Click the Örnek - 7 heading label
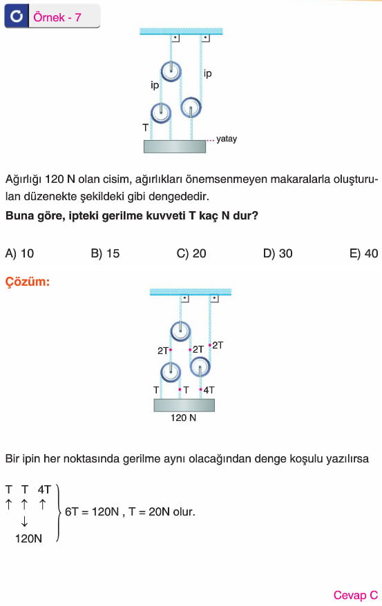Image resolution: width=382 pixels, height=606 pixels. coord(57,17)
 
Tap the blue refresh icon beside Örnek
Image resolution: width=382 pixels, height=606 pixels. coord(17,17)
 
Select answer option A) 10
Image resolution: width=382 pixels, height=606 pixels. coord(19,253)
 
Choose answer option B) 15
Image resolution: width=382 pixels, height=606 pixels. coord(105,253)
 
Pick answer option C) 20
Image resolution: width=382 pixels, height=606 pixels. coord(191,253)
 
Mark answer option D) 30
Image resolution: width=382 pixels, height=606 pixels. coord(278,253)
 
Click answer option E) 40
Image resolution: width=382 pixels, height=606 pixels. coord(363,253)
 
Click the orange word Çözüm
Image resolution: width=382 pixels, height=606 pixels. coord(28,282)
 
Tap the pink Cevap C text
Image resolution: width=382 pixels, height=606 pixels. coord(355,595)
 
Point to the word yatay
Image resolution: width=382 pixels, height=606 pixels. coord(227,139)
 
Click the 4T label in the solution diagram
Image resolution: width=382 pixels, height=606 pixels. coord(209,390)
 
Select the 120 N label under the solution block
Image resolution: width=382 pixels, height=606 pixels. coord(183,418)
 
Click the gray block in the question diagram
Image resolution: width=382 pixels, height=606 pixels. coord(175,146)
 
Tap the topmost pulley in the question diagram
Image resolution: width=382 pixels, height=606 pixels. coord(171,71)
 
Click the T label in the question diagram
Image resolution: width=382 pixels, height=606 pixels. coord(145,127)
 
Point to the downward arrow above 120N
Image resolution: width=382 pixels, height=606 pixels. coord(24,522)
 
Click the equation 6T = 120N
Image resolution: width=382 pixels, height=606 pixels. coord(92,511)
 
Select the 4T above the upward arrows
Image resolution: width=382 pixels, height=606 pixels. coord(44,489)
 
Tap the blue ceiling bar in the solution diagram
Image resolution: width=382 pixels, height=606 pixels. coord(191,292)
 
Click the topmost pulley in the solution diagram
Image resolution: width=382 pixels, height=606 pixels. coord(180,331)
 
